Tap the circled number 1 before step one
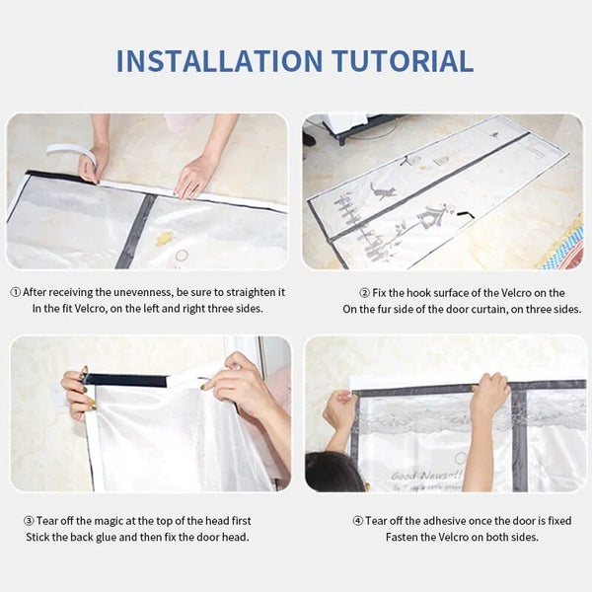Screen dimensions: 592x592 [16, 292]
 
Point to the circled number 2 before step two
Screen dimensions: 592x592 [364, 292]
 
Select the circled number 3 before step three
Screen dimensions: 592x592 [29, 520]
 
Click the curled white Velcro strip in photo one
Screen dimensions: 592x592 [75, 154]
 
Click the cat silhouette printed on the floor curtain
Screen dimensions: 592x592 [383, 190]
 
